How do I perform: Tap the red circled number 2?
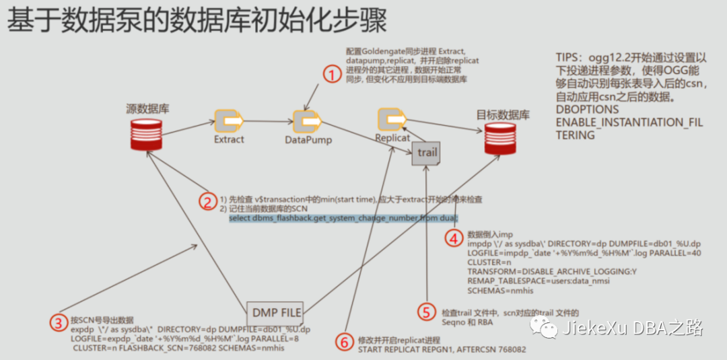(208, 201)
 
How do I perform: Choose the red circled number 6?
(344, 342)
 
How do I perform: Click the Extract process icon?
(229, 121)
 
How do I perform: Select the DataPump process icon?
(308, 121)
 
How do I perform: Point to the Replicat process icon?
(391, 119)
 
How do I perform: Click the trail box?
(427, 153)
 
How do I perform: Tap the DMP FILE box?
(276, 312)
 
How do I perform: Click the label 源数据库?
(147, 108)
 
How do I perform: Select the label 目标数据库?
(503, 114)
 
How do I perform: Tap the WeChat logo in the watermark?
(543, 328)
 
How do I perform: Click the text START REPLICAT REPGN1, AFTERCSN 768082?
(442, 350)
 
